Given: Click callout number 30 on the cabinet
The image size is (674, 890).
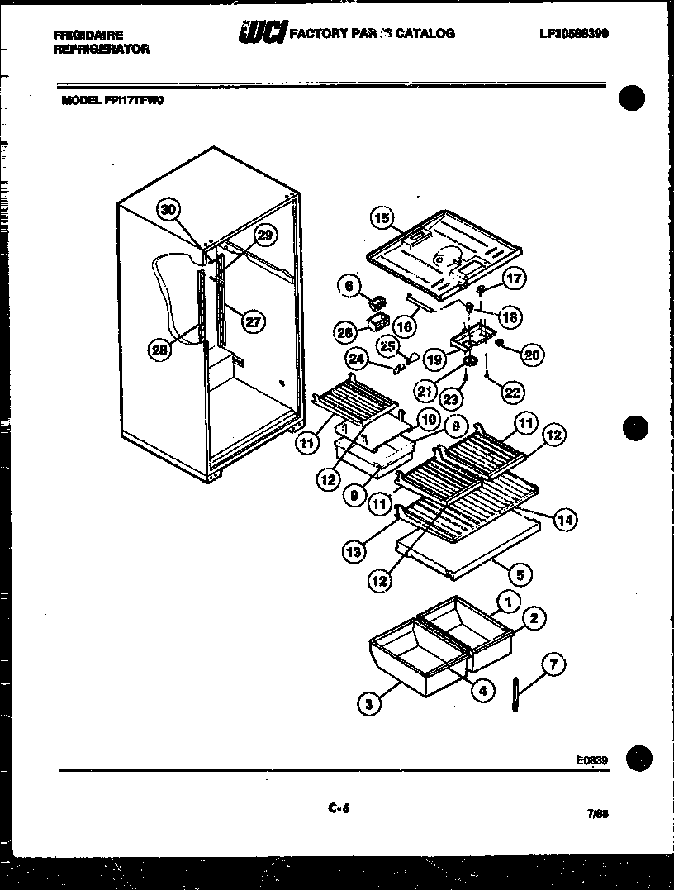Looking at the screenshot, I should click(168, 210).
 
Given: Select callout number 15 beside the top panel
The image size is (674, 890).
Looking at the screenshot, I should click(382, 219).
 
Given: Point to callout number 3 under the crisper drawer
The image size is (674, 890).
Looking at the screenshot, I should click(369, 704).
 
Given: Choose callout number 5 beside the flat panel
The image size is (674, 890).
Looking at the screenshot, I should click(520, 574).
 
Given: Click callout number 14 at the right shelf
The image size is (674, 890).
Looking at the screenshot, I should click(565, 519).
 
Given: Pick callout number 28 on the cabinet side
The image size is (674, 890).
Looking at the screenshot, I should click(160, 350).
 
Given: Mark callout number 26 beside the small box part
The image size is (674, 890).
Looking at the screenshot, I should click(345, 332).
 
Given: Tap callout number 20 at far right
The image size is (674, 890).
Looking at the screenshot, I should click(532, 355).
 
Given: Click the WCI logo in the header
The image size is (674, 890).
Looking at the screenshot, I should click(262, 33).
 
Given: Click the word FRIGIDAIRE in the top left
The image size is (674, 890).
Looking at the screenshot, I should click(88, 36).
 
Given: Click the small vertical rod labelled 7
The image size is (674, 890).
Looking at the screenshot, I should click(515, 694).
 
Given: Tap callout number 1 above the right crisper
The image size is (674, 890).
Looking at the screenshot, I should click(510, 602).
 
